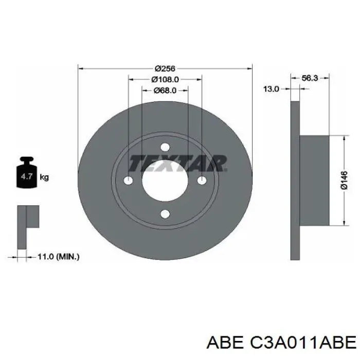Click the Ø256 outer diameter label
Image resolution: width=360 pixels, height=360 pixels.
pyautogui.click(x=165, y=68)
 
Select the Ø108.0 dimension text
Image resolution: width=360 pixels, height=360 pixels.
pyautogui.click(x=165, y=79)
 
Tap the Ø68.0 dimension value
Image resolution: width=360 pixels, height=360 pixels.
pyautogui.click(x=165, y=91)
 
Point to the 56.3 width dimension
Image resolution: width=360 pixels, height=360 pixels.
pyautogui.click(x=310, y=78)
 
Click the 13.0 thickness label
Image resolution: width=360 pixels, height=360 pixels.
pyautogui.click(x=271, y=89)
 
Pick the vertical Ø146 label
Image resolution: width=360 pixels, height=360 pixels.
pyautogui.click(x=345, y=180)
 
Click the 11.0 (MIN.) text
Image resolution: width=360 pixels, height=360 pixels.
pyautogui.click(x=58, y=257)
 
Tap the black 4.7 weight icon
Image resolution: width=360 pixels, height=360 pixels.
pyautogui.click(x=27, y=172)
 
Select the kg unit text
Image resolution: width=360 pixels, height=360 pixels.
pyautogui.click(x=44, y=177)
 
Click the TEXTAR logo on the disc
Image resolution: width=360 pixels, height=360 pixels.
pyautogui.click(x=178, y=163)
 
